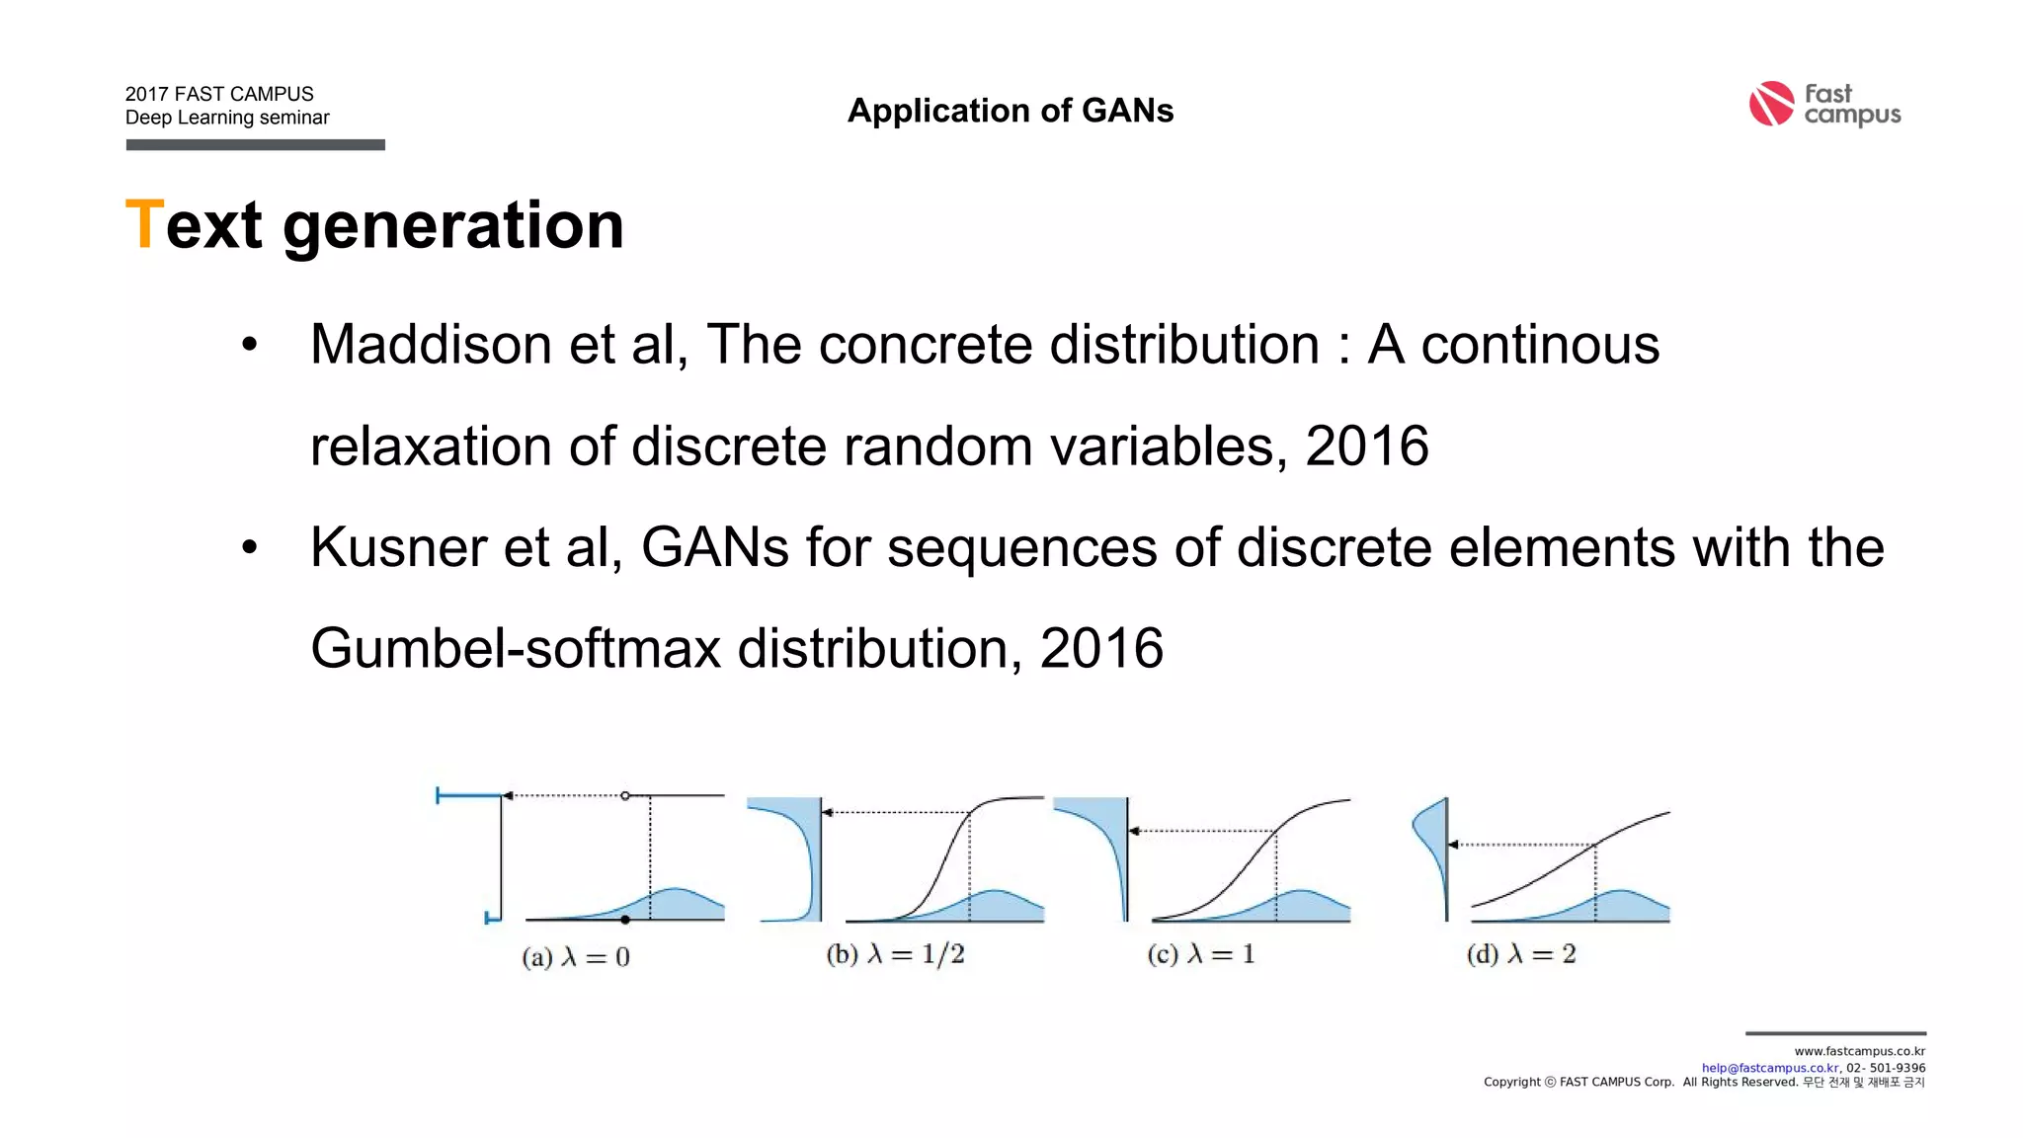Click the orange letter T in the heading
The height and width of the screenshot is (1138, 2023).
[x=144, y=224]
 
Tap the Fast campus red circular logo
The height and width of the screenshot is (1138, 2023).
[x=1771, y=104]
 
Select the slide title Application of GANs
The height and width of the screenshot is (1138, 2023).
[x=1011, y=111]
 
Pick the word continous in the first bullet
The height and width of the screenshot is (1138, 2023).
[x=1540, y=345]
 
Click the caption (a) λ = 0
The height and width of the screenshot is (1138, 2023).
[x=576, y=956]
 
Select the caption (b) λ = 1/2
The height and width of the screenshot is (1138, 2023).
[x=895, y=954]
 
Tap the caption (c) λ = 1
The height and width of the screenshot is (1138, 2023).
[x=1200, y=954]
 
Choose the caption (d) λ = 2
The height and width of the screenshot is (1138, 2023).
[x=1521, y=954]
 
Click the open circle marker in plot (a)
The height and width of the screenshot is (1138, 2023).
[x=625, y=795]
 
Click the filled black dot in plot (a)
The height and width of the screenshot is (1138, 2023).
[x=625, y=920]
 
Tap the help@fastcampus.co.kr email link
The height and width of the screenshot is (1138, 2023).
[x=1770, y=1068]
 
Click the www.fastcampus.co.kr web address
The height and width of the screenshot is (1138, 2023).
[x=1859, y=1051]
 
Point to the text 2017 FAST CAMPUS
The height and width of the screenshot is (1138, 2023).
[x=219, y=94]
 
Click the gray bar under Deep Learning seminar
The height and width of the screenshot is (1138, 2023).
[x=255, y=145]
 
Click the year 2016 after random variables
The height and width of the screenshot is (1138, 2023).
[x=1367, y=447]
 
